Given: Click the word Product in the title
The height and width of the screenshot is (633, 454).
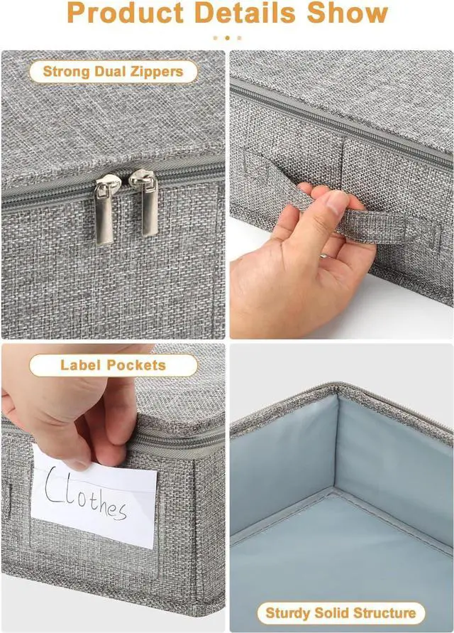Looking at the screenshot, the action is tap(126, 13).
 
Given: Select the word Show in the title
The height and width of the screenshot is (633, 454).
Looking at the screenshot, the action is tap(347, 13).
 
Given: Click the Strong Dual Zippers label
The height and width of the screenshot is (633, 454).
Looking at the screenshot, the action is tap(113, 72).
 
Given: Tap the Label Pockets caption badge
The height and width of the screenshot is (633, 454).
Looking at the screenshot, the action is tap(113, 365).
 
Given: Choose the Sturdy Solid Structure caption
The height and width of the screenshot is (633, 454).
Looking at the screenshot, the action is tap(340, 613).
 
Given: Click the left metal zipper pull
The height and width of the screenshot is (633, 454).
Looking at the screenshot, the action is tap(106, 209).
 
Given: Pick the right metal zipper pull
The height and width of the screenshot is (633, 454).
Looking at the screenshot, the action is tap(146, 202).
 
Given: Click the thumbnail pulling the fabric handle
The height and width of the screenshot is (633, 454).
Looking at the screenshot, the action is tap(337, 200).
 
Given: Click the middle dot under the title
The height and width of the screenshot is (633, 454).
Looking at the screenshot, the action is tap(228, 38).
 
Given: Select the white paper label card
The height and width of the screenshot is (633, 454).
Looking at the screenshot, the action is tap(94, 497).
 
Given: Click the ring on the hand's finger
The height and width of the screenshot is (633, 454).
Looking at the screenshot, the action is tap(323, 255).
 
